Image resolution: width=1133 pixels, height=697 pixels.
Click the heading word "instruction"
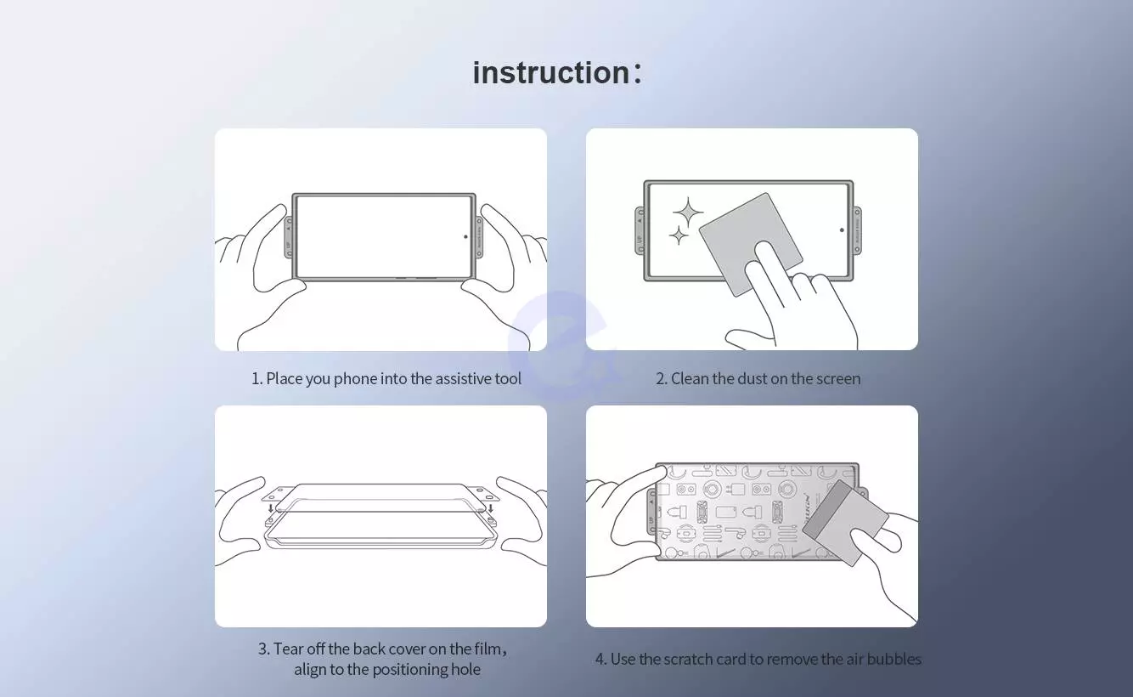(x=551, y=72)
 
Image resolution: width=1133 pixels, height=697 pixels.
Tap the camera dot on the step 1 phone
(x=465, y=236)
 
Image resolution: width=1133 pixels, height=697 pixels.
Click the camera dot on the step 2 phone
(x=842, y=229)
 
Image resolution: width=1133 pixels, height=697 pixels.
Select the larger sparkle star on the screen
(x=687, y=212)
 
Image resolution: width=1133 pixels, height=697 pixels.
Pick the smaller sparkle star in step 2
(x=679, y=235)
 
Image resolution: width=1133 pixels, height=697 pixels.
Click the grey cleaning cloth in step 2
(x=751, y=244)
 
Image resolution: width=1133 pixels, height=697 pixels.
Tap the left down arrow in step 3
(x=271, y=507)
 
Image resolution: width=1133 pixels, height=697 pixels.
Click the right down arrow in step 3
(x=490, y=507)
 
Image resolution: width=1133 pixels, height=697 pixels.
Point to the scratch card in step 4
(x=845, y=523)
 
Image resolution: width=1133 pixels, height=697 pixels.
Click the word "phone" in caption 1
(x=355, y=378)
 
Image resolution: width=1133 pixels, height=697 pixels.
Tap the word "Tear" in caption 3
(x=290, y=649)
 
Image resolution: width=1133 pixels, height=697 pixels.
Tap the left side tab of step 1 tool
(x=288, y=237)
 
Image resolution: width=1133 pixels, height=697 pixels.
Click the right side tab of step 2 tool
(x=857, y=231)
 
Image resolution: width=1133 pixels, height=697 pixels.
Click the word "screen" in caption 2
(x=837, y=378)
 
